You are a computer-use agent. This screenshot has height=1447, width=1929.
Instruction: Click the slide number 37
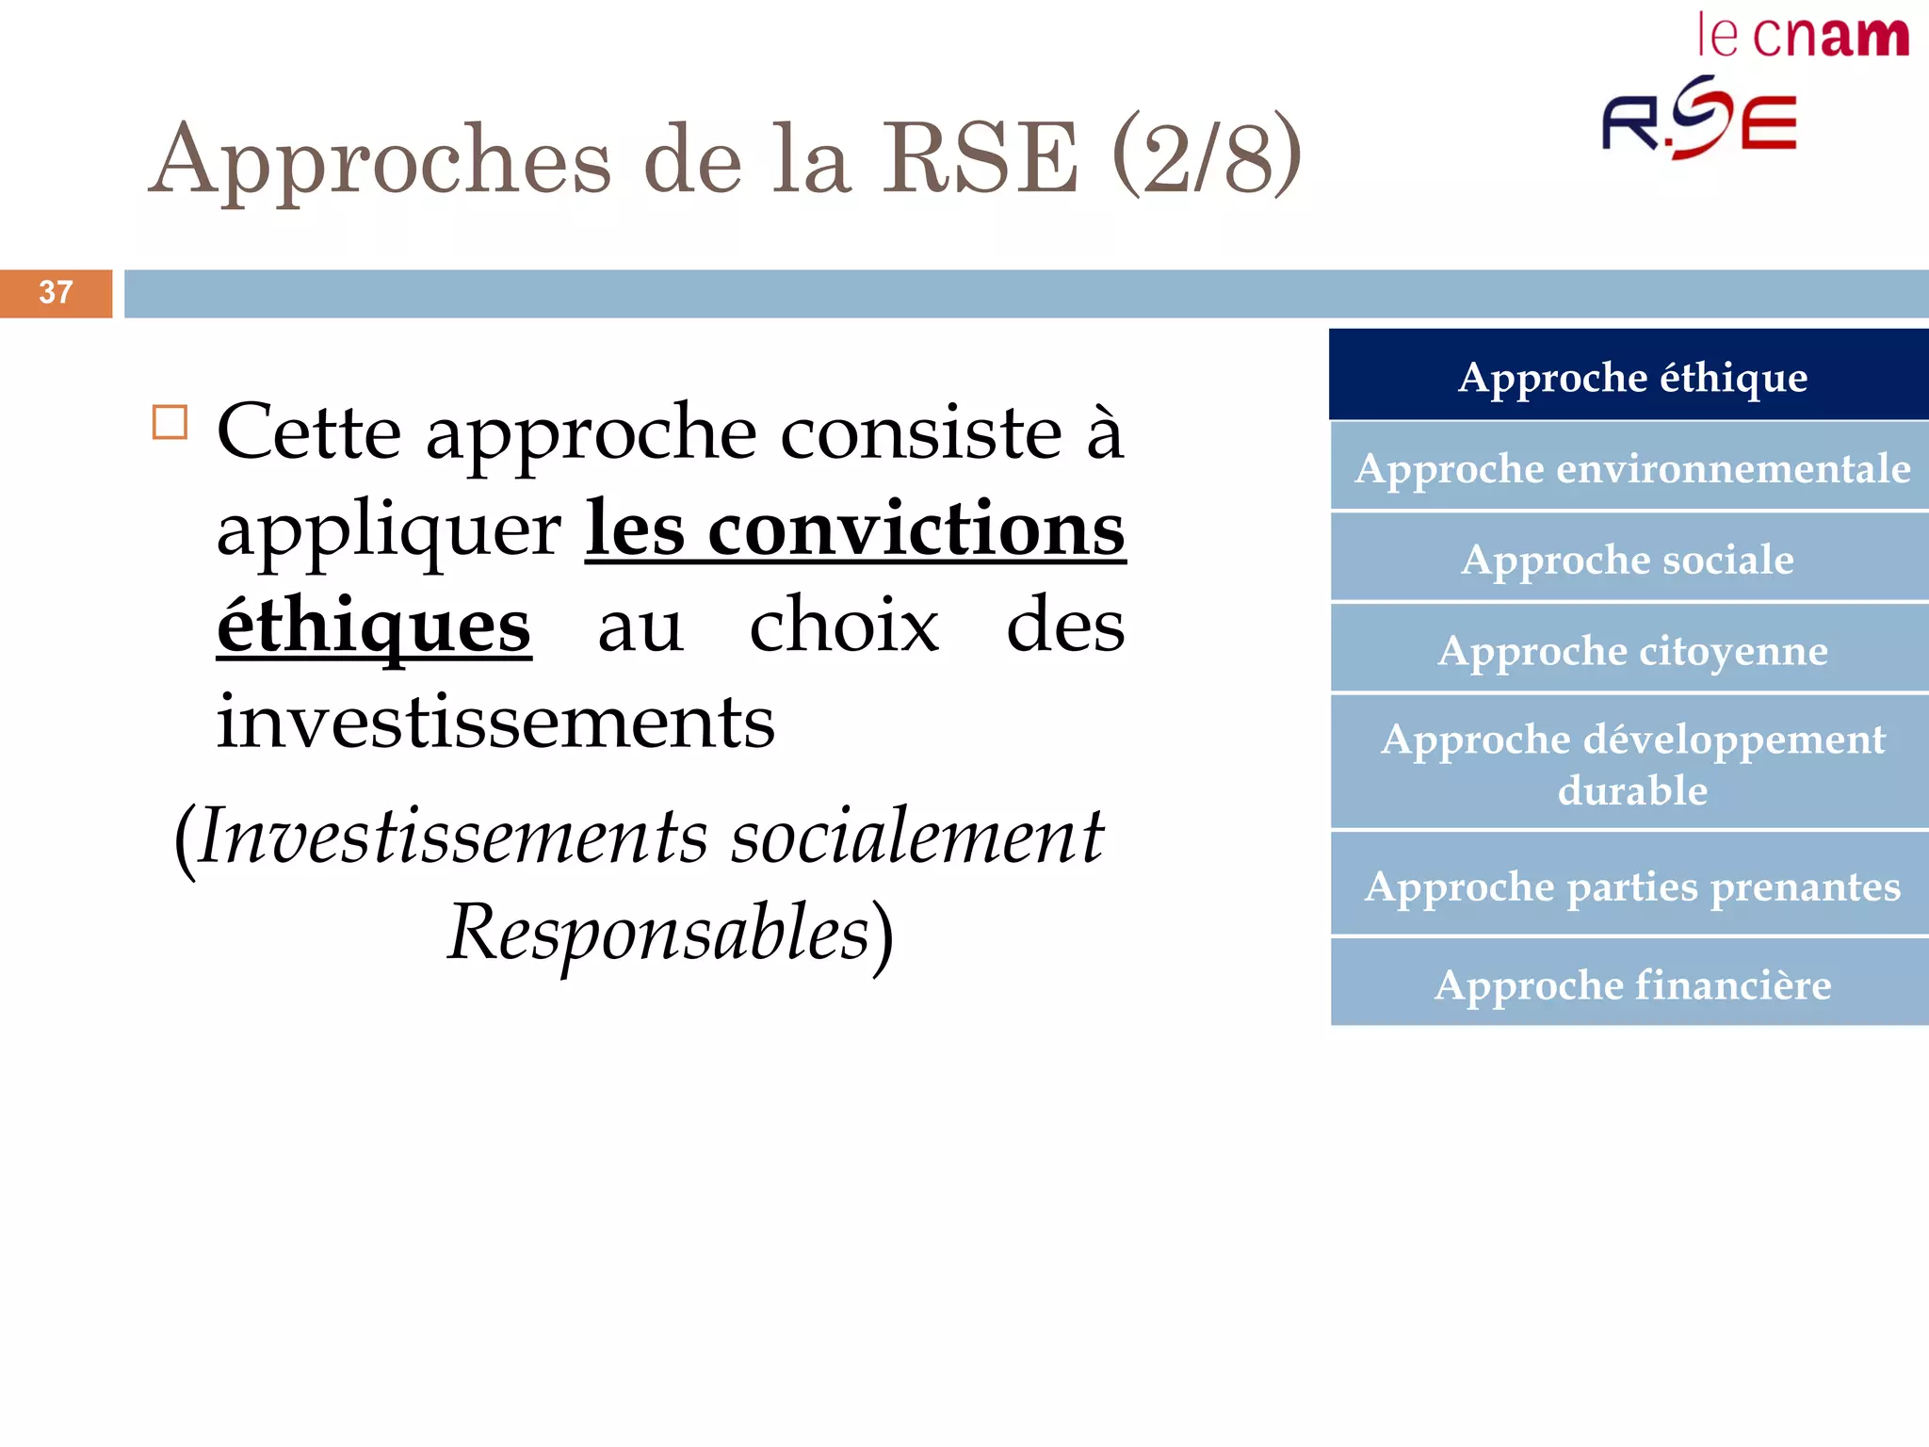click(56, 293)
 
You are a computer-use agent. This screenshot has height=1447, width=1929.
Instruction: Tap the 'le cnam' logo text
click(1803, 37)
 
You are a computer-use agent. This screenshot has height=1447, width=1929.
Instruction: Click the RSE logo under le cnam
click(1700, 120)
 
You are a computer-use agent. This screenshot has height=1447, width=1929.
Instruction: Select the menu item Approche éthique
click(1631, 377)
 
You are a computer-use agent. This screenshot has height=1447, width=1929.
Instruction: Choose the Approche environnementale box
click(1631, 468)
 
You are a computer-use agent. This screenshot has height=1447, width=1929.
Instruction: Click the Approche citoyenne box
click(1631, 650)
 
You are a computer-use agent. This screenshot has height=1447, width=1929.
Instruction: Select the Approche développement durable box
click(1631, 764)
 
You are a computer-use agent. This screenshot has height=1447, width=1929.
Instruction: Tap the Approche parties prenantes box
click(1631, 886)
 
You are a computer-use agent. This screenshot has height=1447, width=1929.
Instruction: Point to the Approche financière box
click(1631, 984)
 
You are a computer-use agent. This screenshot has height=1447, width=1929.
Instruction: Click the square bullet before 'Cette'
click(170, 423)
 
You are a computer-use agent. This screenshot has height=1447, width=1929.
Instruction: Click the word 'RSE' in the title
click(979, 159)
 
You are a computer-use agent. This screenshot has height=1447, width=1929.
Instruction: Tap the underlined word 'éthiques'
click(374, 627)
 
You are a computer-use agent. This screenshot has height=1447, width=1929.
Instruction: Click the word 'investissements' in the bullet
click(495, 723)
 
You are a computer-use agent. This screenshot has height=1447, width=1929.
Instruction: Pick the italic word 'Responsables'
click(658, 933)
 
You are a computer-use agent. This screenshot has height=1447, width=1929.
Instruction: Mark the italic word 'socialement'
click(916, 837)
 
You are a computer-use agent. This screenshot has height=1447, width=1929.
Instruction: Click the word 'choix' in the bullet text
click(844, 626)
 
